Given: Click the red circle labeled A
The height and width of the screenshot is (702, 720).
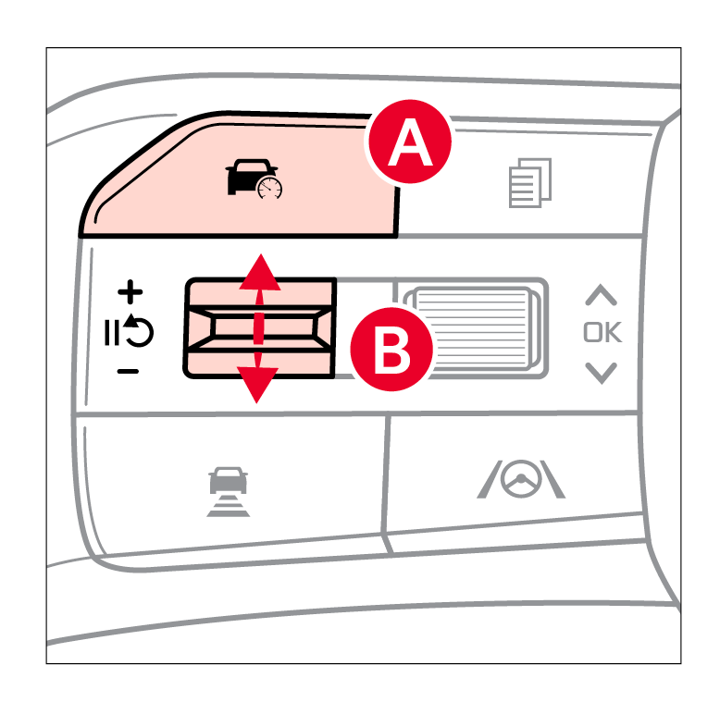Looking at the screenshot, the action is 410,142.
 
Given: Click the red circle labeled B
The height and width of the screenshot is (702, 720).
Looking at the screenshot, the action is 391,350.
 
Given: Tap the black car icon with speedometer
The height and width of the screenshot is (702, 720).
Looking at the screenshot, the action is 254,179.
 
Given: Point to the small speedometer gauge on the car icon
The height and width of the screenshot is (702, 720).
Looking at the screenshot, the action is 270,189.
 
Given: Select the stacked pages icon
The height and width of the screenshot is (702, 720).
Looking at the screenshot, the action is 530,182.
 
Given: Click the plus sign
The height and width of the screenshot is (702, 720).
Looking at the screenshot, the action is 130,292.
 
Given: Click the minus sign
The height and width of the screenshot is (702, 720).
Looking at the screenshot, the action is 128,371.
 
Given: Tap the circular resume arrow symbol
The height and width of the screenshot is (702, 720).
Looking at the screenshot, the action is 140,330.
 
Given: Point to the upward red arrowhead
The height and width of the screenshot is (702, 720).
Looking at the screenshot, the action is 260,272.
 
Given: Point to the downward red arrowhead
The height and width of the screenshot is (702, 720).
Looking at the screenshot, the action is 257,385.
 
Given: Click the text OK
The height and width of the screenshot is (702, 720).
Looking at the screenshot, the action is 602,332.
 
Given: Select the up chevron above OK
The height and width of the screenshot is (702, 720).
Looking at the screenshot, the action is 601,295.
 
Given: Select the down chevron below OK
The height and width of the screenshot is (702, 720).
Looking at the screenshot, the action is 601,373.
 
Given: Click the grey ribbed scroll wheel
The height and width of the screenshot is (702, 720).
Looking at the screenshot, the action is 476,328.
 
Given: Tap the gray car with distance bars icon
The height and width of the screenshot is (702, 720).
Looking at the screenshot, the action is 229,491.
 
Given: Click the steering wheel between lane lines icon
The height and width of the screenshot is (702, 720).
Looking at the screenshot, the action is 521,479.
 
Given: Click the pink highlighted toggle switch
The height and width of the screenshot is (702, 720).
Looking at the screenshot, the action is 260,328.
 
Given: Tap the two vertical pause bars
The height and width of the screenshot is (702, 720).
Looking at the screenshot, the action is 112,333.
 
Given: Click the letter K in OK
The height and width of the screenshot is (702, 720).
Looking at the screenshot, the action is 613,332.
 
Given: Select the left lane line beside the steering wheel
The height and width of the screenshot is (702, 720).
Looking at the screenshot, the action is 489,479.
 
